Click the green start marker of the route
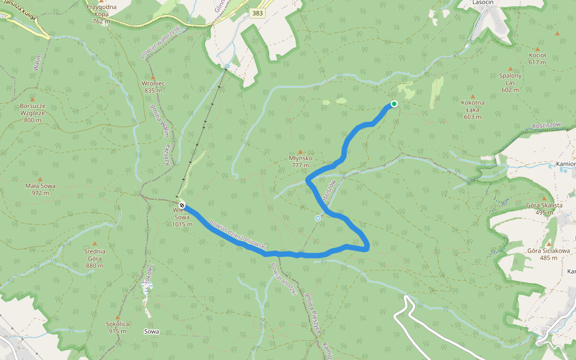tap(394, 104)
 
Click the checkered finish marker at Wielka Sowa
tap(182, 205)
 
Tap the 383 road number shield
tap(257, 13)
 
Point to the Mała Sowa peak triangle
tap(41, 179)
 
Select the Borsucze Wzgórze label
tap(32, 113)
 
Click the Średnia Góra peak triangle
tap(95, 235)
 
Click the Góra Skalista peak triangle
tap(545, 198)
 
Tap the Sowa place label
tap(152, 331)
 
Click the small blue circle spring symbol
tap(318, 218)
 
